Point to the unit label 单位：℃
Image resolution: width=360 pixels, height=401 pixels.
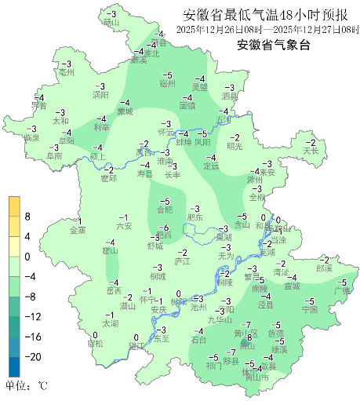(27, 386)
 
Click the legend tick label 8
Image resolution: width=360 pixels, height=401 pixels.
(27, 216)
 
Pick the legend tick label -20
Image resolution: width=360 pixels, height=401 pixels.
(32, 356)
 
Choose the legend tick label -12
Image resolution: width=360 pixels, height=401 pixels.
(32, 316)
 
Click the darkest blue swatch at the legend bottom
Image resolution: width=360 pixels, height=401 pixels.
(14, 366)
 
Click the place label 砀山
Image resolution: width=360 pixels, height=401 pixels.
(111, 24)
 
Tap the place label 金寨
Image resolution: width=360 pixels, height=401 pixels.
(78, 230)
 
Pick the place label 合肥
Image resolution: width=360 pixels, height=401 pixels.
(165, 210)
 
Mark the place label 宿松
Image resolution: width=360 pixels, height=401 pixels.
(95, 343)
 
